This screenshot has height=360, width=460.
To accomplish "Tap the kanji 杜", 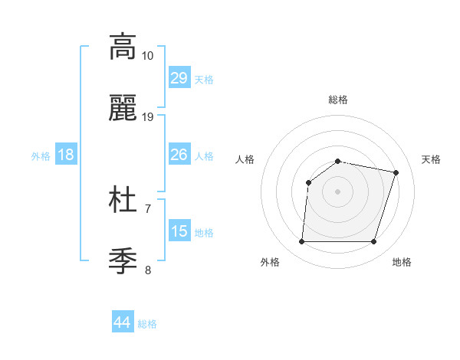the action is click(x=123, y=200).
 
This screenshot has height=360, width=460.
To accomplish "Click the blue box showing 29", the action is click(x=179, y=78).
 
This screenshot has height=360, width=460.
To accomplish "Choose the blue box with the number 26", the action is click(x=179, y=155).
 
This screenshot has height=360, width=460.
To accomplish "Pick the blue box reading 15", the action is click(x=179, y=231).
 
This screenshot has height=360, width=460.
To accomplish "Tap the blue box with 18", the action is click(x=65, y=155).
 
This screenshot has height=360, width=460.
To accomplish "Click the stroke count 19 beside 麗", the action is click(x=148, y=117).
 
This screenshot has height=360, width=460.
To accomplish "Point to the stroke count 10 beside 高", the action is click(x=148, y=55).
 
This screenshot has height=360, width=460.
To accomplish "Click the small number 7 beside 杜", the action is click(x=148, y=208).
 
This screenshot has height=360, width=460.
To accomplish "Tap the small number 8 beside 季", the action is click(x=148, y=270).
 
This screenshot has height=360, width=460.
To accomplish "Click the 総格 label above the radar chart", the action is click(x=338, y=100).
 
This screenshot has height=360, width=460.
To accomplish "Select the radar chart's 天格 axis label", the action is click(x=431, y=159).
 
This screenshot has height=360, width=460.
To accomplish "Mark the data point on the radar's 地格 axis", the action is click(x=374, y=242).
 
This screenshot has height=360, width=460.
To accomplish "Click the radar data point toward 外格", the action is click(x=301, y=242).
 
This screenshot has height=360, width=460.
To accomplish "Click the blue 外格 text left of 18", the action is click(x=41, y=156).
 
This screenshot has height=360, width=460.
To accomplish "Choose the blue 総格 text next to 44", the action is click(x=147, y=324).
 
